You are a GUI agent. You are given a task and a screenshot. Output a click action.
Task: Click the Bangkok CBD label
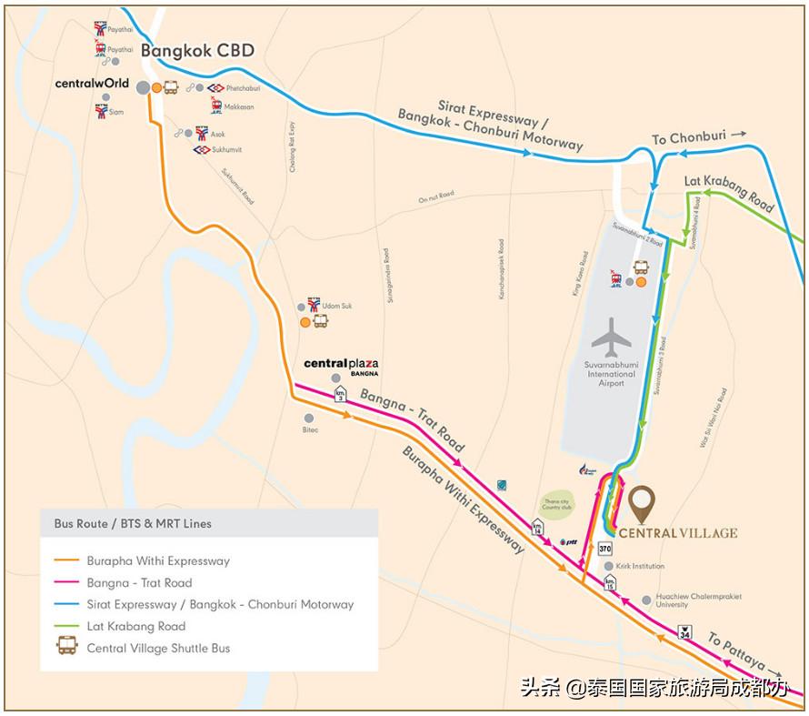196,51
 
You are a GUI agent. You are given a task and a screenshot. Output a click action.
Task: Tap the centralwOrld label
92,84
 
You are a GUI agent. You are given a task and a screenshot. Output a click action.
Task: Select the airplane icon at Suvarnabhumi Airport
611,338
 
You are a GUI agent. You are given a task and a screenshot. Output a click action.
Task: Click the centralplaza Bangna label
341,365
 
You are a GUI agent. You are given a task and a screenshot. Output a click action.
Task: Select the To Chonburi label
689,138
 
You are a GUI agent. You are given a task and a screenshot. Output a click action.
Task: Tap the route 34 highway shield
684,632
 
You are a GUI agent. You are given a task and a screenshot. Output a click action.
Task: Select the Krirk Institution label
640,566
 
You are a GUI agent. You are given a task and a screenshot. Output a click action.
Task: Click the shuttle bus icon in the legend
67,648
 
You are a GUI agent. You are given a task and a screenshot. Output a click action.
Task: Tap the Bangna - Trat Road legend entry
139,582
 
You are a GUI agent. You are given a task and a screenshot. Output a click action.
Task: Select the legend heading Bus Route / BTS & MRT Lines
133,524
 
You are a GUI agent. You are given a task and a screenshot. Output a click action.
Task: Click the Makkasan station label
238,106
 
